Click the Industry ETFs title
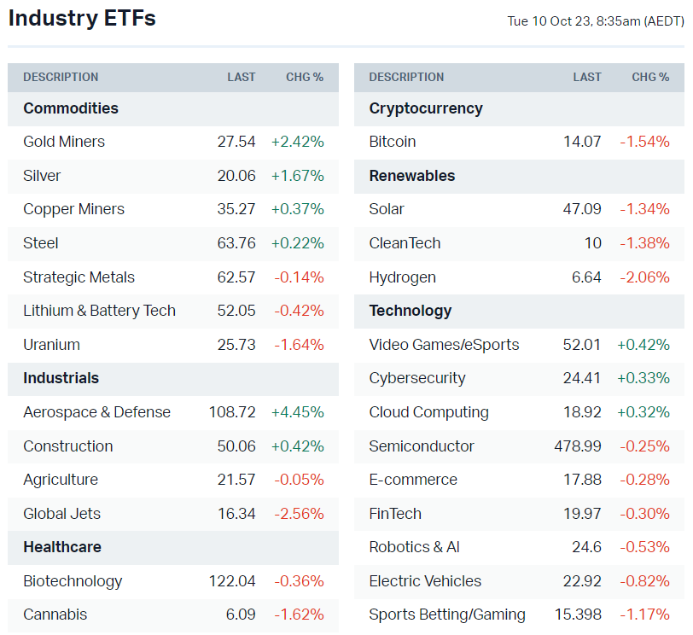tap(82, 18)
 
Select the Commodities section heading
tap(71, 108)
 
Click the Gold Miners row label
tap(64, 142)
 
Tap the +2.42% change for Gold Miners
tap(297, 142)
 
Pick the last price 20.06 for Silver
tap(236, 176)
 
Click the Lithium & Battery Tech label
tap(99, 311)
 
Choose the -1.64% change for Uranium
tap(299, 345)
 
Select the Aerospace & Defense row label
tap(96, 412)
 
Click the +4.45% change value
tap(297, 412)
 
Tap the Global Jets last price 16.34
tap(236, 514)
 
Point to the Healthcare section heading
tap(62, 547)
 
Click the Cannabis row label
tap(55, 615)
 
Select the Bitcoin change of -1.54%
tap(644, 142)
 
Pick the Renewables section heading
tap(412, 176)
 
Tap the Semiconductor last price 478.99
tap(578, 446)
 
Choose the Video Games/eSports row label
tap(444, 345)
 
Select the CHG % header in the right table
tap(650, 77)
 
